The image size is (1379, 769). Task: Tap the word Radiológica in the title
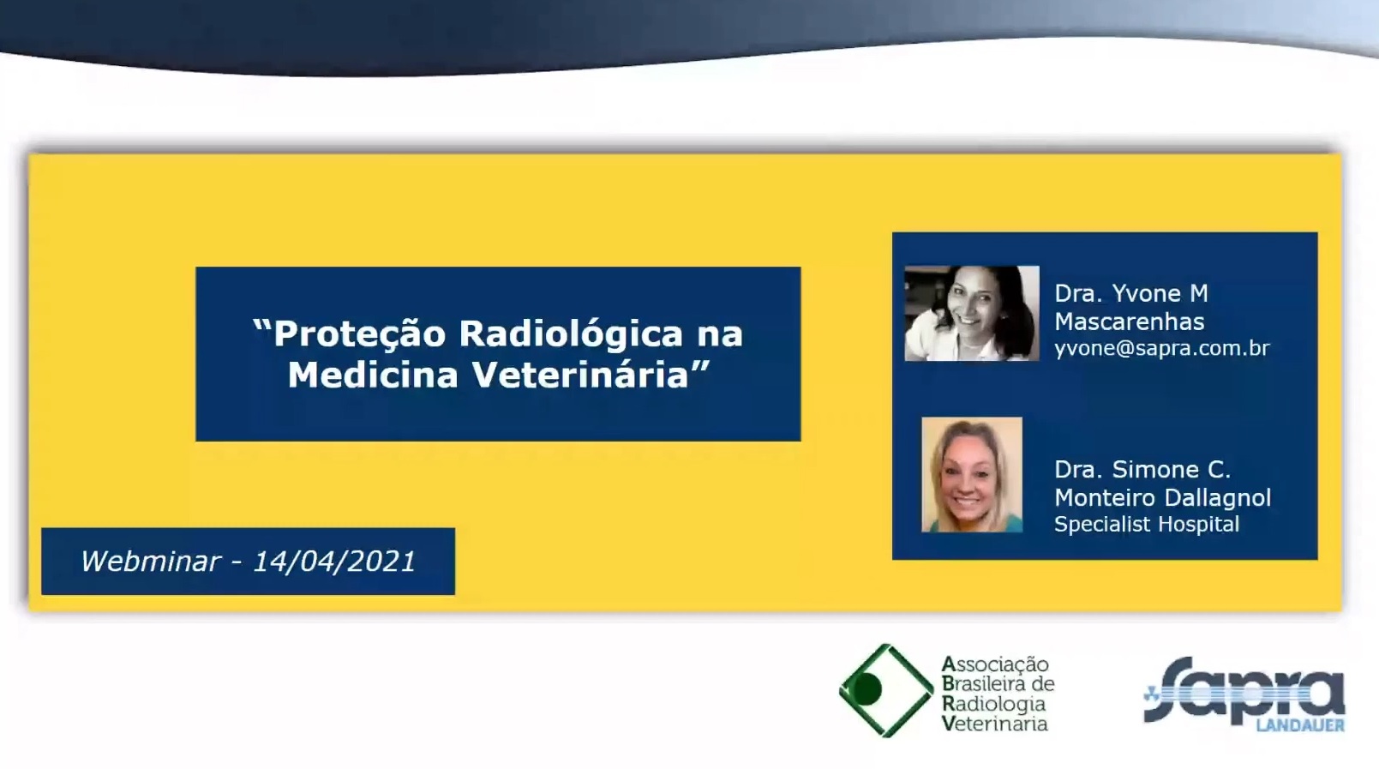pos(571,333)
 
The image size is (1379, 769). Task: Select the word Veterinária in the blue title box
pos(580,375)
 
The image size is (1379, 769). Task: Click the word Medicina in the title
pos(373,375)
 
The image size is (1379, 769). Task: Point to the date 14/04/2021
pos(334,562)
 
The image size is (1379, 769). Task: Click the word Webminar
pos(151,562)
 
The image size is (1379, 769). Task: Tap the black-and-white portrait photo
pos(971,314)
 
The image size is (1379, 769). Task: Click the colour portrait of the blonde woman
pos(971,475)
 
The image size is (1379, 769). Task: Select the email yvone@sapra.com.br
pos(1161,348)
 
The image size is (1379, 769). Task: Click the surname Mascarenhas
pos(1129,321)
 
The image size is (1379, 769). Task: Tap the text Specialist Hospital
pos(1146,525)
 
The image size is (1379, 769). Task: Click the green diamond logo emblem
pos(886,690)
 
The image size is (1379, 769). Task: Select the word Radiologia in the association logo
pos(993,705)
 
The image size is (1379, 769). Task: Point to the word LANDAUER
pos(1300,725)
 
